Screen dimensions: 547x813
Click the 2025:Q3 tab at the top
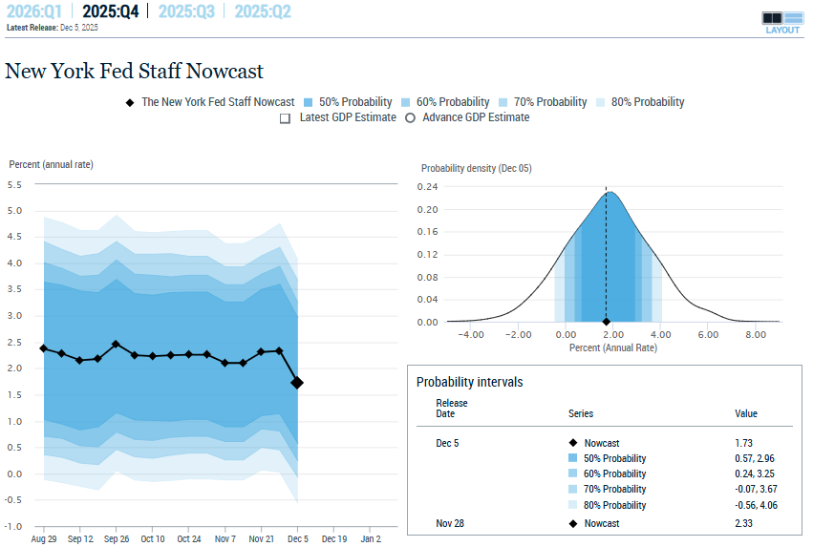click(x=186, y=11)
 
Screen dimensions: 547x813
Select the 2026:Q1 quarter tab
click(x=34, y=11)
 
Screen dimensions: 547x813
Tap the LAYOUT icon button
click(x=782, y=22)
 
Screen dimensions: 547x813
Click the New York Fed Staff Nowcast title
click(x=134, y=72)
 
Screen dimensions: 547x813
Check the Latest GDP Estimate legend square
click(x=285, y=118)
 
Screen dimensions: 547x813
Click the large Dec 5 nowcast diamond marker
click(x=297, y=383)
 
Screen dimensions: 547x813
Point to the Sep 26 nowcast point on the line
click(x=116, y=344)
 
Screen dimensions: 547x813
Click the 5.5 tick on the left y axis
click(x=14, y=184)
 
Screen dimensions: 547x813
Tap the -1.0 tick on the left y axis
click(x=13, y=526)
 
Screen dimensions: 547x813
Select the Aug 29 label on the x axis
click(x=43, y=539)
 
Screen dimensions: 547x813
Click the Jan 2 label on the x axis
click(x=371, y=539)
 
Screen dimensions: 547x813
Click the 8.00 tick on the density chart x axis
click(x=755, y=335)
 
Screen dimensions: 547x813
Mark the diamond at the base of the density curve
click(x=606, y=322)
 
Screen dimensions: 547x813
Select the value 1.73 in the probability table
click(x=743, y=443)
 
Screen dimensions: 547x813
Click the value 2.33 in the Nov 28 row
click(x=743, y=523)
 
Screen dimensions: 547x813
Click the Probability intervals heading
click(x=469, y=382)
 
